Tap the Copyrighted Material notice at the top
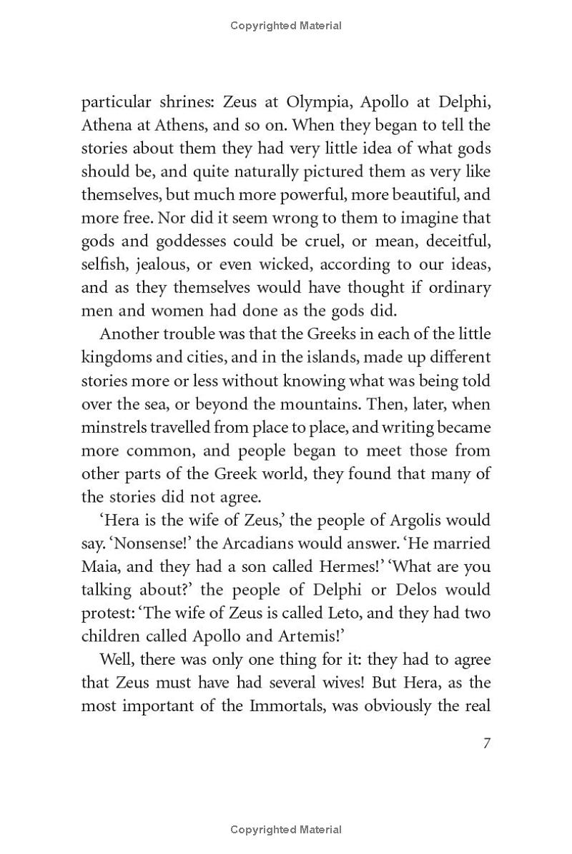(x=286, y=26)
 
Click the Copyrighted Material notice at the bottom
(x=286, y=830)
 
